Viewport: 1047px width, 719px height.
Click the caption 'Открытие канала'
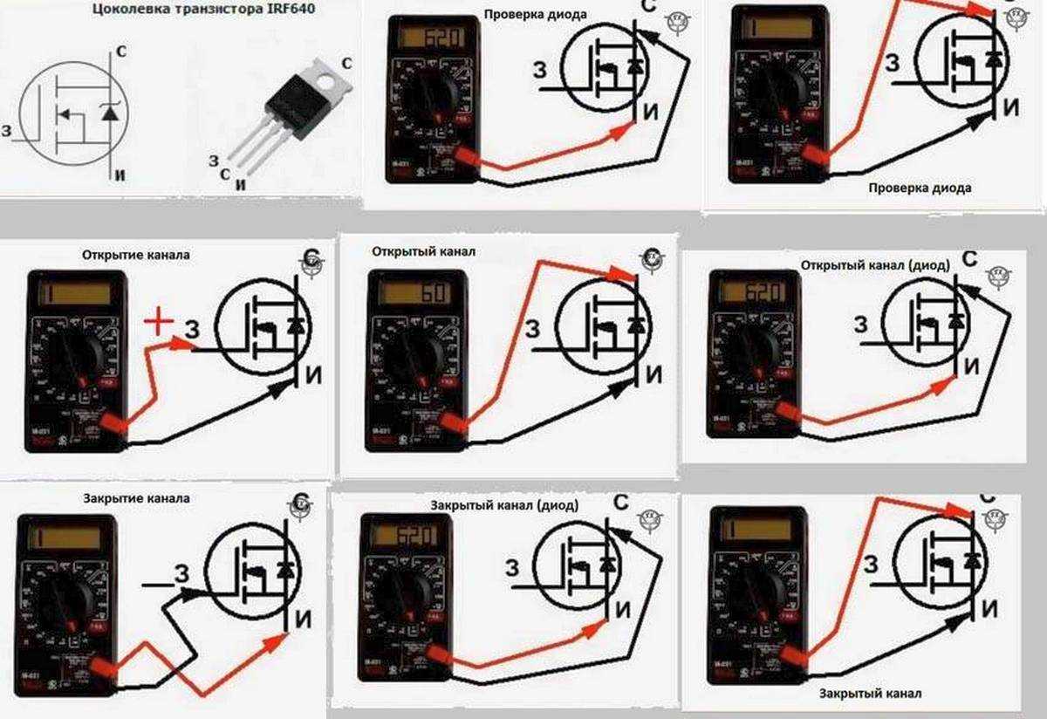point(135,256)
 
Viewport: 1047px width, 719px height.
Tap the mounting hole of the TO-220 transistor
point(327,84)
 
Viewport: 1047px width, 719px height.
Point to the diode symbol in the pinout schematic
point(108,112)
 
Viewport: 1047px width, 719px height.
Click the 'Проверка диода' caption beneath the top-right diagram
point(920,188)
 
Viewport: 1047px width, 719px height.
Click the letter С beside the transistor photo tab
point(347,63)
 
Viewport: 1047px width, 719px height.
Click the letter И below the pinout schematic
point(120,175)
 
